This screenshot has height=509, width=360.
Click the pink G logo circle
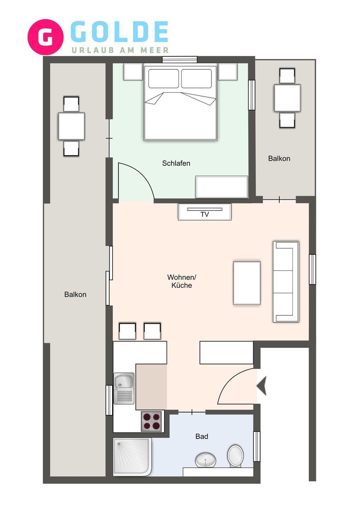point(46,37)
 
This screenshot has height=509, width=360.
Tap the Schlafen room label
point(176,163)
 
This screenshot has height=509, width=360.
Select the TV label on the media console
point(204,214)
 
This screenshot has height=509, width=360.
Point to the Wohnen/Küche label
point(181,281)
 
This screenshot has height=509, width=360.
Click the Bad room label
point(202,436)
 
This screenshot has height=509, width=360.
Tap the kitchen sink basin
point(124,382)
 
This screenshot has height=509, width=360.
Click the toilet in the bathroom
point(236,455)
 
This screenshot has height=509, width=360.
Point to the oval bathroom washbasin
point(205,460)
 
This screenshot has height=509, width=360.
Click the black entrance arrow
point(262,386)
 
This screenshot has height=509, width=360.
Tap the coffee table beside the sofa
point(247,283)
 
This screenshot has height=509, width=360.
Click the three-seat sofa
point(286,281)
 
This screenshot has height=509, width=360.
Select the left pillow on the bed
point(164,78)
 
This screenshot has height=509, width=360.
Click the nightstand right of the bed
point(228,71)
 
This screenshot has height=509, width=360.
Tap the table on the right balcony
point(288,98)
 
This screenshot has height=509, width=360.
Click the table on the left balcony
point(71,126)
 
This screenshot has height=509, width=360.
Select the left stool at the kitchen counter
point(128,331)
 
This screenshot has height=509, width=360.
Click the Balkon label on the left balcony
point(75,294)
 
